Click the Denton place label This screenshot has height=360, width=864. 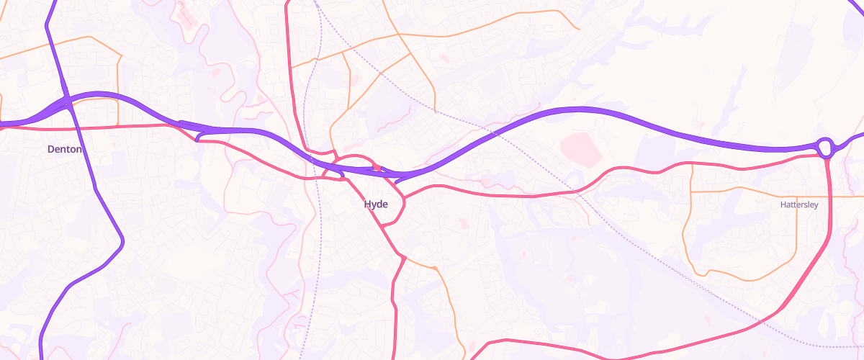point(65,150)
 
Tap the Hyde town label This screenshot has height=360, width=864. point(376,204)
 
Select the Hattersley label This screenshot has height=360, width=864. point(799,205)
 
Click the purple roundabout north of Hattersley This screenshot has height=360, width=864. point(825,148)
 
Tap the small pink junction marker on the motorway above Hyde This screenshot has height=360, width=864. point(376,168)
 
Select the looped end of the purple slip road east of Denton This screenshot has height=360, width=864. point(198,137)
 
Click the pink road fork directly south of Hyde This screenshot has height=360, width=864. point(401,257)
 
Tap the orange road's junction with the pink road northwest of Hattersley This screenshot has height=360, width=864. point(690,165)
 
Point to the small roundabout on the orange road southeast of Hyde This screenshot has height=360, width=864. point(435,269)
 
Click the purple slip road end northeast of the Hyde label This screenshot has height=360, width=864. point(395,182)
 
